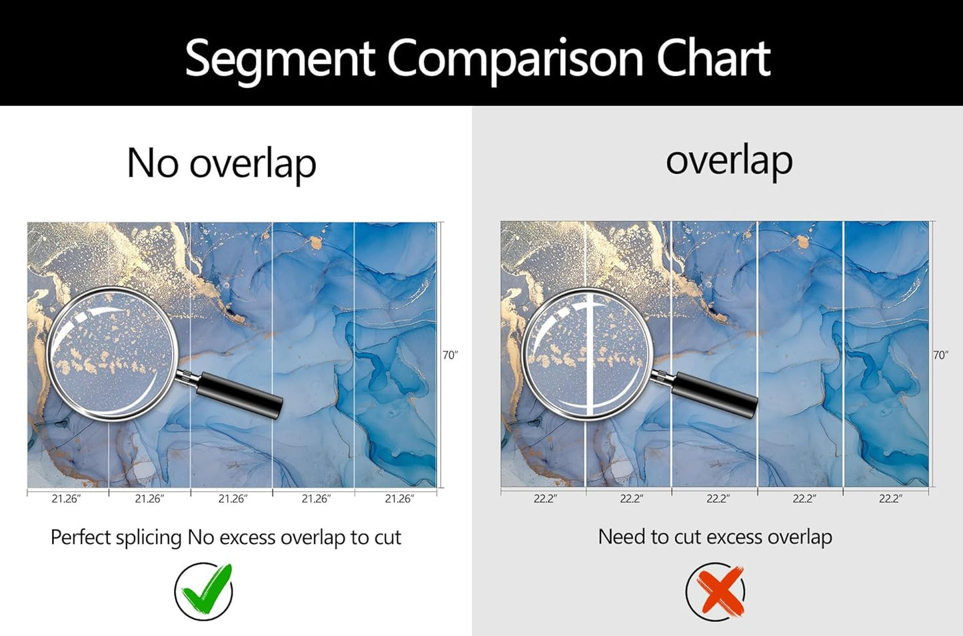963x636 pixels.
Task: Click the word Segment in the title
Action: click(280, 59)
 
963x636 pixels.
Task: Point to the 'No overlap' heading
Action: click(221, 163)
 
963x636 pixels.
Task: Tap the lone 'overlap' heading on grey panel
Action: click(729, 160)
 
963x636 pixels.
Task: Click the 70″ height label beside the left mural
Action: click(450, 355)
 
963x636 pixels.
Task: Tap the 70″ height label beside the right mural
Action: click(940, 355)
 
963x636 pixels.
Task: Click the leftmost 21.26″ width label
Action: click(66, 499)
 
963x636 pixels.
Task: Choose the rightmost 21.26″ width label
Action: click(399, 499)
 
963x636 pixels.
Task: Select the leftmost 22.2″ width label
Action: click(545, 499)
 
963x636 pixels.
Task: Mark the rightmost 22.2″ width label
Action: click(890, 499)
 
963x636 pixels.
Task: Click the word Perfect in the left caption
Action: click(79, 537)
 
